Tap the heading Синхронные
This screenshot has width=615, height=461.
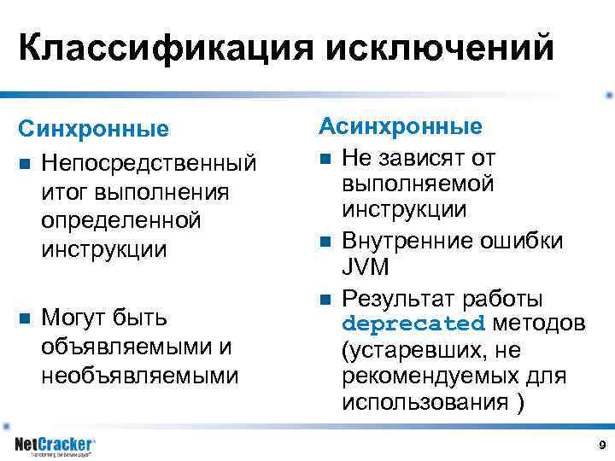coord(94,130)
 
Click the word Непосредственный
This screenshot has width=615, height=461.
coord(149,160)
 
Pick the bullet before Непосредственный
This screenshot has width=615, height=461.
coord(25,161)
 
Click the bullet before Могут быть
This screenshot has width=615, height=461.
coord(25,318)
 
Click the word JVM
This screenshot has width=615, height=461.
coord(366,268)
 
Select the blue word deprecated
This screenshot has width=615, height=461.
coord(413,324)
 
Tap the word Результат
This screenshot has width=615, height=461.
coord(397,299)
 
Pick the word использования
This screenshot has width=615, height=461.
coord(425,402)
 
